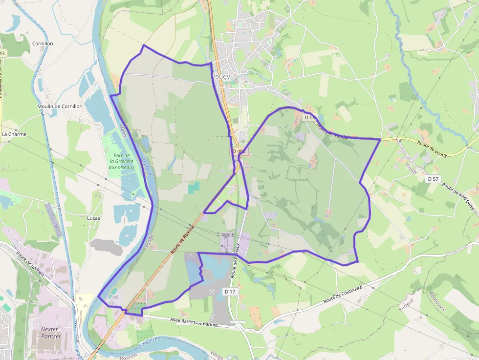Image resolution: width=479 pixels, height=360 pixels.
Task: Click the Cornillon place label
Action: tap(43, 43)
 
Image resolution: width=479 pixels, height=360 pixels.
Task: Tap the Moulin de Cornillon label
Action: tap(60, 106)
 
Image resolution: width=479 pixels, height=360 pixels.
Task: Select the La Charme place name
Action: tap(14, 134)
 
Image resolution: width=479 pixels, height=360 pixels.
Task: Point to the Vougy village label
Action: tap(221, 76)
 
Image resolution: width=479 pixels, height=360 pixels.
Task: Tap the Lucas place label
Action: tap(93, 218)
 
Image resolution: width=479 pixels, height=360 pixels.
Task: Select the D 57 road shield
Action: tap(433, 179)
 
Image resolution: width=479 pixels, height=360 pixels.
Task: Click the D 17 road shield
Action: tap(230, 291)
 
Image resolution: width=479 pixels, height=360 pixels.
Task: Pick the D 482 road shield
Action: tap(239, 151)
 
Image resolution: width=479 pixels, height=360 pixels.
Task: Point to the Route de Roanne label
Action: tap(183, 239)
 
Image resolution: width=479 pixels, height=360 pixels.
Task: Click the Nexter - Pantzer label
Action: tap(51, 333)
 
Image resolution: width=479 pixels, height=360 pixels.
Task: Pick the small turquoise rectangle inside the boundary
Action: tap(194, 187)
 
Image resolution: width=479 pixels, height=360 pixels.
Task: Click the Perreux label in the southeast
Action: tap(406, 304)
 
